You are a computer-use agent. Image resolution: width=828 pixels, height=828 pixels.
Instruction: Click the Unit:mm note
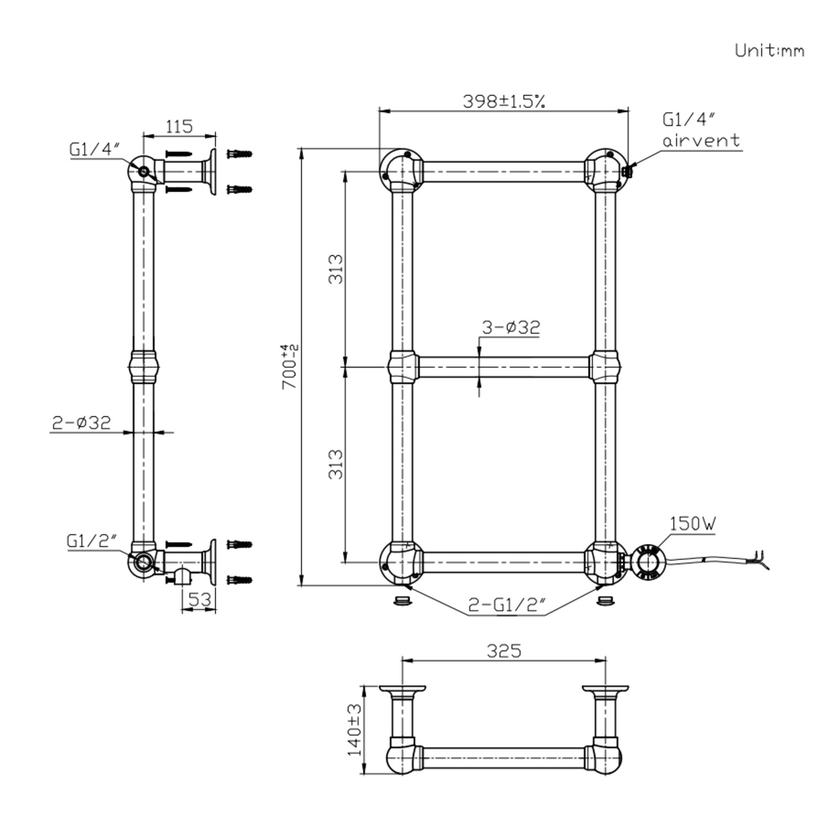coord(769,50)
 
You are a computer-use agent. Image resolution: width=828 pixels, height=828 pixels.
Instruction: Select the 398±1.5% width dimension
coord(503,101)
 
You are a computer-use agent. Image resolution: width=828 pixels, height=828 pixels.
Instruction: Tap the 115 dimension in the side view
coord(179,126)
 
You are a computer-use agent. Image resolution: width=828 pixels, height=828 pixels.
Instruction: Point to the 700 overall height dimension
coord(290,367)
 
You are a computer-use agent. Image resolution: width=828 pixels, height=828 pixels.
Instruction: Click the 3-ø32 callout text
coord(511,327)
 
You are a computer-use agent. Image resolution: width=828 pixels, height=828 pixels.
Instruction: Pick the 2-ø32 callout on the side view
coord(82,423)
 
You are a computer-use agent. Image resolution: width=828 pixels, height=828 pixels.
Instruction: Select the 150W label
coord(693,523)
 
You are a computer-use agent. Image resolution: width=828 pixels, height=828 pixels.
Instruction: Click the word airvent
coord(701,140)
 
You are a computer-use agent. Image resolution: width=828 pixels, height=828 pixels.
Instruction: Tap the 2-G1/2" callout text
coord(507,606)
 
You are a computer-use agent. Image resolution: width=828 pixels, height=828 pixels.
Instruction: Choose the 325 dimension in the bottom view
coord(503,651)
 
